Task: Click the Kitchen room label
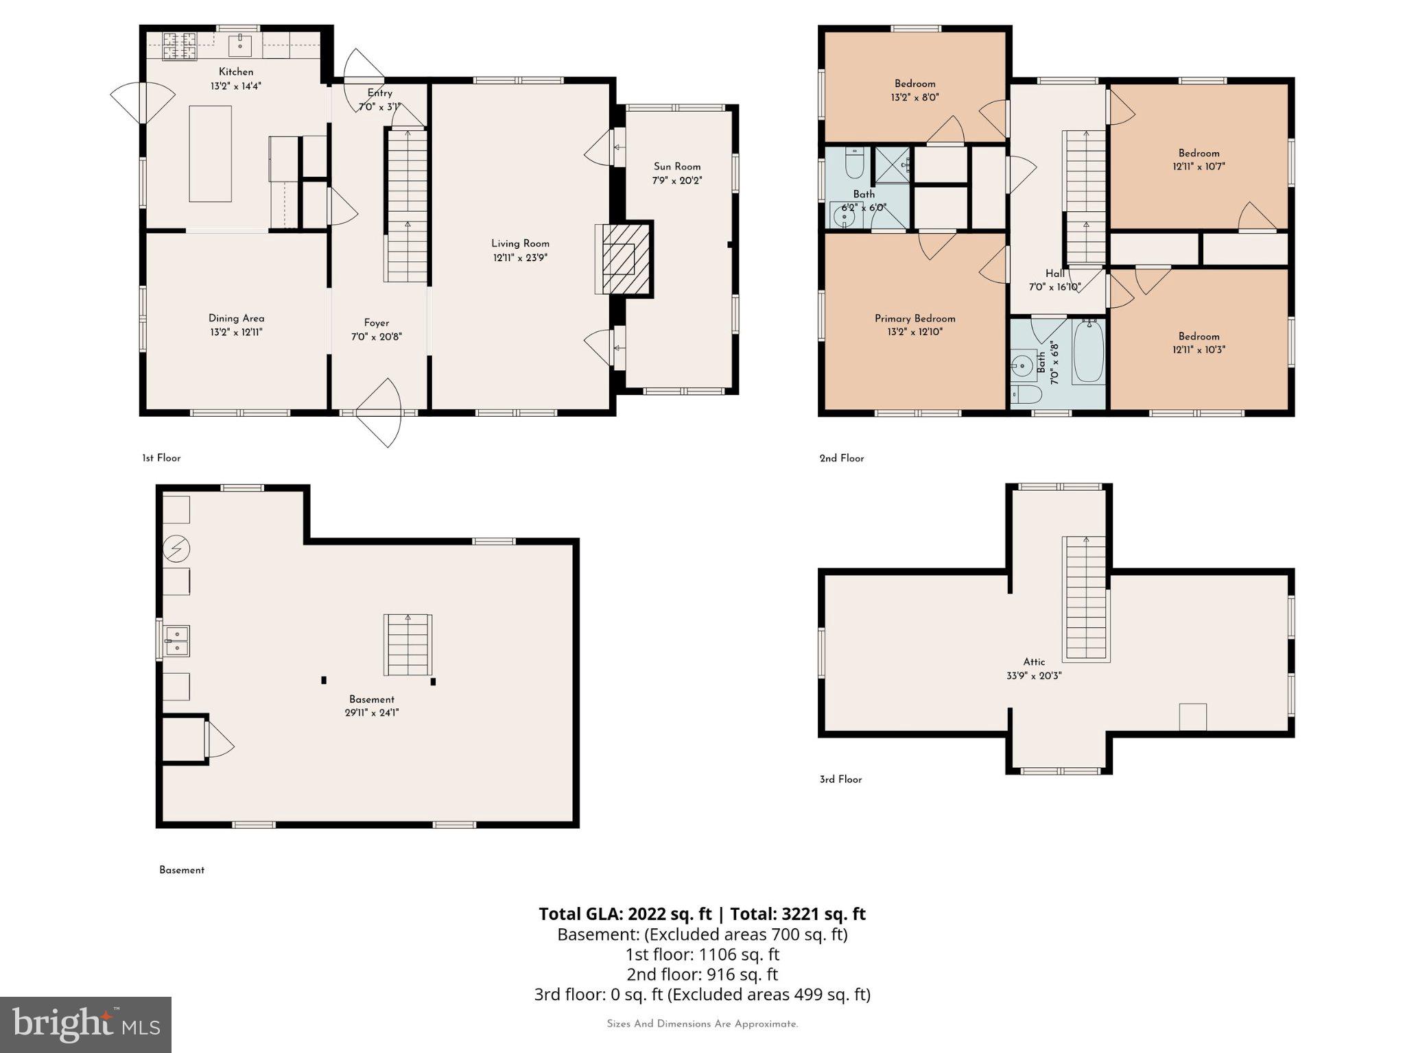[235, 71]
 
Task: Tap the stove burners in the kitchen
[178, 46]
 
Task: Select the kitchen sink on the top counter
[240, 46]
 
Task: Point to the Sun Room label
[676, 167]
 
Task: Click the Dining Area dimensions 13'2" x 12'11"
[236, 332]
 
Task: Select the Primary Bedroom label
[914, 318]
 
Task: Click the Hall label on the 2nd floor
[1054, 274]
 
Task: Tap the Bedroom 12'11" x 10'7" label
[1199, 153]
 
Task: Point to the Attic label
[1034, 662]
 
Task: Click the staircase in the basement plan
[408, 644]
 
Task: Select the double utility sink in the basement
[176, 641]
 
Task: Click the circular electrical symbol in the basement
[176, 548]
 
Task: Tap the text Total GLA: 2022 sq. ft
[625, 914]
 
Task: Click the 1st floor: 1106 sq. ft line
[702, 954]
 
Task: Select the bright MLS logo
[85, 1024]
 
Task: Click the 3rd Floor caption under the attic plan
[840, 779]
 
